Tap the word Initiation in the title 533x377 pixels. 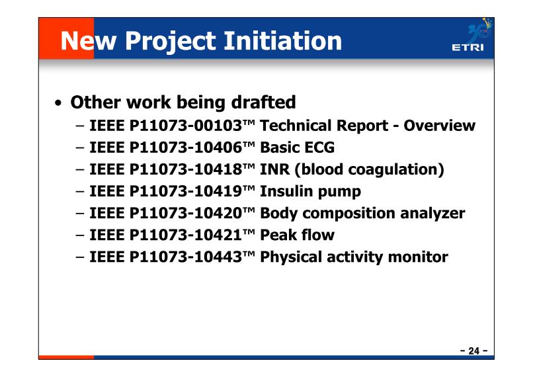[x=282, y=41]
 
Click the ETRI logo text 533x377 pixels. [x=468, y=47]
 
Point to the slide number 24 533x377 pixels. [x=474, y=351]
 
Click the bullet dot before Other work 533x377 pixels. [x=58, y=103]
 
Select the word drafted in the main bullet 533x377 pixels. [x=263, y=102]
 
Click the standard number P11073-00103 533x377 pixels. [x=186, y=126]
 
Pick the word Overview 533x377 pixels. [x=440, y=126]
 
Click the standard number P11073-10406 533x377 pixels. [x=186, y=147]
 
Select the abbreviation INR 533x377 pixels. [x=274, y=169]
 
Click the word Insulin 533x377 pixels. [x=286, y=191]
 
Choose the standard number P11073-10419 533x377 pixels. [x=186, y=191]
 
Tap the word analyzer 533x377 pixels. [x=432, y=214]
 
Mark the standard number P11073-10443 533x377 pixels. [x=186, y=257]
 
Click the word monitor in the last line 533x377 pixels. [x=418, y=257]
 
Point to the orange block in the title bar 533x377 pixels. [x=66, y=38]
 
